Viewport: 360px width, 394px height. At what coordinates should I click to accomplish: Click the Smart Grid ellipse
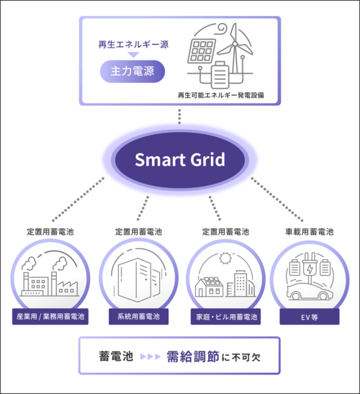click(180, 160)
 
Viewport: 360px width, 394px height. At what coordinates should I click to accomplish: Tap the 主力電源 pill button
click(132, 71)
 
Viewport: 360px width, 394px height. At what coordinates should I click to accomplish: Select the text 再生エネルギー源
click(133, 45)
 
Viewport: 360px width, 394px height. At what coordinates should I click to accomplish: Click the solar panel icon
click(202, 51)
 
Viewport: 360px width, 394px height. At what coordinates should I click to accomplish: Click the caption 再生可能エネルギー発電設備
click(221, 95)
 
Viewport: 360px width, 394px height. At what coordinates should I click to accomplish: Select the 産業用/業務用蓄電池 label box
click(50, 317)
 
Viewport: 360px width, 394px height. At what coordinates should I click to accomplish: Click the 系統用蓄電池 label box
click(139, 317)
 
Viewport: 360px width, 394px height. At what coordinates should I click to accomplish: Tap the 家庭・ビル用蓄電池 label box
click(225, 317)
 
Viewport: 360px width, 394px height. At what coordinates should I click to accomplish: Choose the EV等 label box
click(310, 317)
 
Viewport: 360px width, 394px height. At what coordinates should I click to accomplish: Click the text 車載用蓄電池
click(310, 232)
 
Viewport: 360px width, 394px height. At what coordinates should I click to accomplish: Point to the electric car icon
click(310, 291)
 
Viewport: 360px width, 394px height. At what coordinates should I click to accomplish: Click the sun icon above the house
click(225, 259)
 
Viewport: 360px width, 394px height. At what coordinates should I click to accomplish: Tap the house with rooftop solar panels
click(209, 287)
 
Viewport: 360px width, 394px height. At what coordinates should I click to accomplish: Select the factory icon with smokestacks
click(50, 277)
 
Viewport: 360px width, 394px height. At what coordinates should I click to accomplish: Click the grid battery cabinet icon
click(139, 279)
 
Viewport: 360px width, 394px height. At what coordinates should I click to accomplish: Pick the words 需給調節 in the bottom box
click(193, 357)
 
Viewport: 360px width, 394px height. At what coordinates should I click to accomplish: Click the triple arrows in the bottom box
click(150, 357)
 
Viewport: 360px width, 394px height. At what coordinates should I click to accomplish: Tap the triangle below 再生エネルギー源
click(133, 55)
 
